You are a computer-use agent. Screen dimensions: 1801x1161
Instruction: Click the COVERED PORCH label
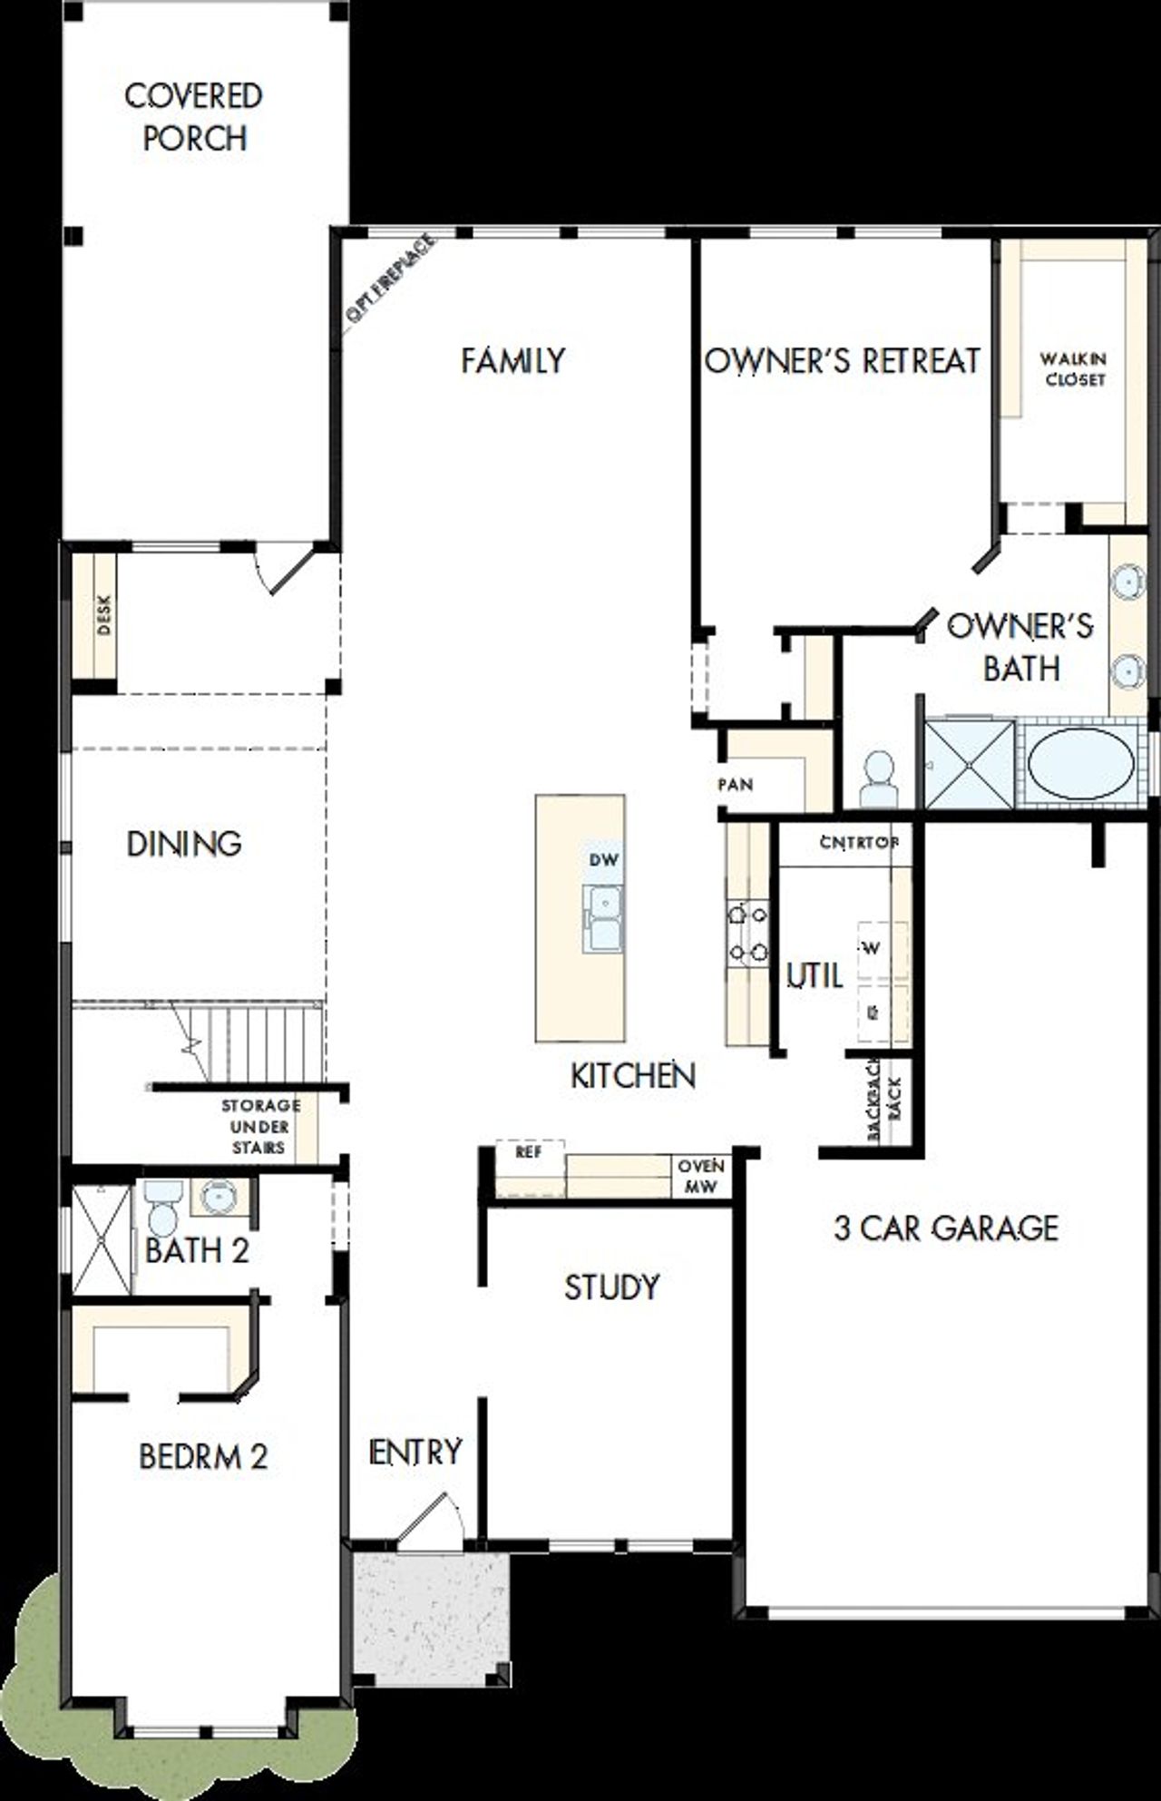point(193,116)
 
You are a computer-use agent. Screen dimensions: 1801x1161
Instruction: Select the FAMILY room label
point(512,360)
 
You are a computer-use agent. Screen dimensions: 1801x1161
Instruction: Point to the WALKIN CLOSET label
point(1074,369)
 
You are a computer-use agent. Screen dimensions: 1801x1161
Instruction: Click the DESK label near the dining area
point(102,614)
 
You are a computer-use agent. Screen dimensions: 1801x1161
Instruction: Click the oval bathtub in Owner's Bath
point(1079,762)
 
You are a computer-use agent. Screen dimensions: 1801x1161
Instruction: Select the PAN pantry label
point(736,784)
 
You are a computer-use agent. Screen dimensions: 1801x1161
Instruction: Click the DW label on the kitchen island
point(603,859)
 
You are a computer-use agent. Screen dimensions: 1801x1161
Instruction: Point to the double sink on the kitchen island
point(603,918)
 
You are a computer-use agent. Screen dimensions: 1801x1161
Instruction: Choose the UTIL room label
point(815,975)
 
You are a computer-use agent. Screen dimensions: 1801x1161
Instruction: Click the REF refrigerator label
point(528,1151)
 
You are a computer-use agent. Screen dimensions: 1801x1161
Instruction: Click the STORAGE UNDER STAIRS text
point(259,1126)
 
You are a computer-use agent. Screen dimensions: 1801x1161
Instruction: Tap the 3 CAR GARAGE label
point(945,1228)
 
